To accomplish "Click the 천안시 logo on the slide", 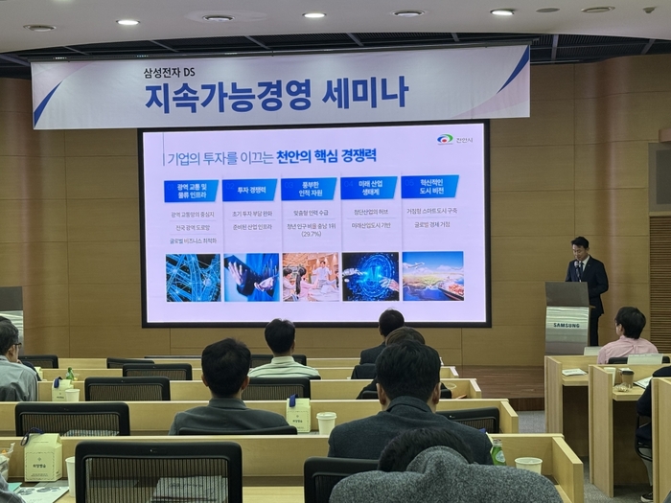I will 455,140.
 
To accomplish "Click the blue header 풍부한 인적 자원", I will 309,189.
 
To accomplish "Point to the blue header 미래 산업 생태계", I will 369,188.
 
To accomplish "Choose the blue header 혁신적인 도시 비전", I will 429,186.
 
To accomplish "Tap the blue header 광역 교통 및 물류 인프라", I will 191,191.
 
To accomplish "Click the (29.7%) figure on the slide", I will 312,234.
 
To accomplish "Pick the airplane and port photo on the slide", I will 432,275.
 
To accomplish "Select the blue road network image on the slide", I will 193,278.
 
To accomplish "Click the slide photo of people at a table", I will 311,277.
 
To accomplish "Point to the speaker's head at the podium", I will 580,245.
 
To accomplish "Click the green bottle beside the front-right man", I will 497,451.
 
